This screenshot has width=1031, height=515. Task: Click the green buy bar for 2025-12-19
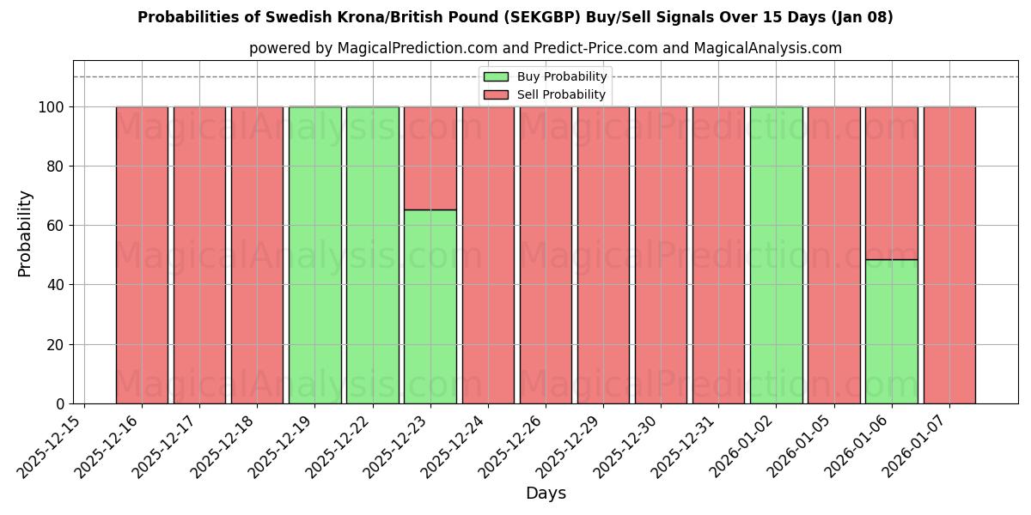[314, 255]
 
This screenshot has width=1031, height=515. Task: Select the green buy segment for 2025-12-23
[430, 306]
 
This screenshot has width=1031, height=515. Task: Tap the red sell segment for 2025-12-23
[430, 158]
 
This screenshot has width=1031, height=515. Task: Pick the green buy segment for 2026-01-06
[891, 331]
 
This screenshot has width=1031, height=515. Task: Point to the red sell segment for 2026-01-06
[891, 183]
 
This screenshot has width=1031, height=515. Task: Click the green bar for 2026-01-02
[776, 255]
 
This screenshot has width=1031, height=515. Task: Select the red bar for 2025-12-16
[142, 255]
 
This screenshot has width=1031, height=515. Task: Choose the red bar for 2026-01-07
[949, 255]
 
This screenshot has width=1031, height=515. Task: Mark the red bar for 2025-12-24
[488, 255]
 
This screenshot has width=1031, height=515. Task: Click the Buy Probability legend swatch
[496, 77]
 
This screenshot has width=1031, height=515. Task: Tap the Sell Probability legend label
[561, 95]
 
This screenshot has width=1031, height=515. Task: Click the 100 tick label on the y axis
[52, 107]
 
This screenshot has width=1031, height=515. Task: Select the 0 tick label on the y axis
[60, 404]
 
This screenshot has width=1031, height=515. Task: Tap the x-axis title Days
[546, 494]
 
